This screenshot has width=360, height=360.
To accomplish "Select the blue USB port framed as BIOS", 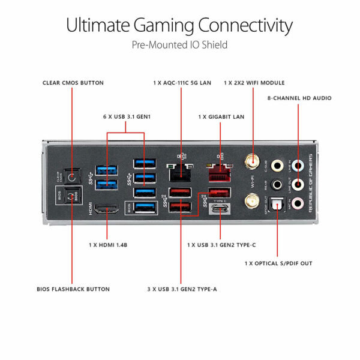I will click(145, 207).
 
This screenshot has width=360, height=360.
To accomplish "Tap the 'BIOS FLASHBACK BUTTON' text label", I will click(73, 289).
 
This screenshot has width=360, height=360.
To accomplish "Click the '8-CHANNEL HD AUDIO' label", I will click(299, 98).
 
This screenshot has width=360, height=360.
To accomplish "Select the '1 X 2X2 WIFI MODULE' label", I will click(254, 83).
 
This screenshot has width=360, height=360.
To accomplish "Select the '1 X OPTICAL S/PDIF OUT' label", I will click(278, 263).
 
